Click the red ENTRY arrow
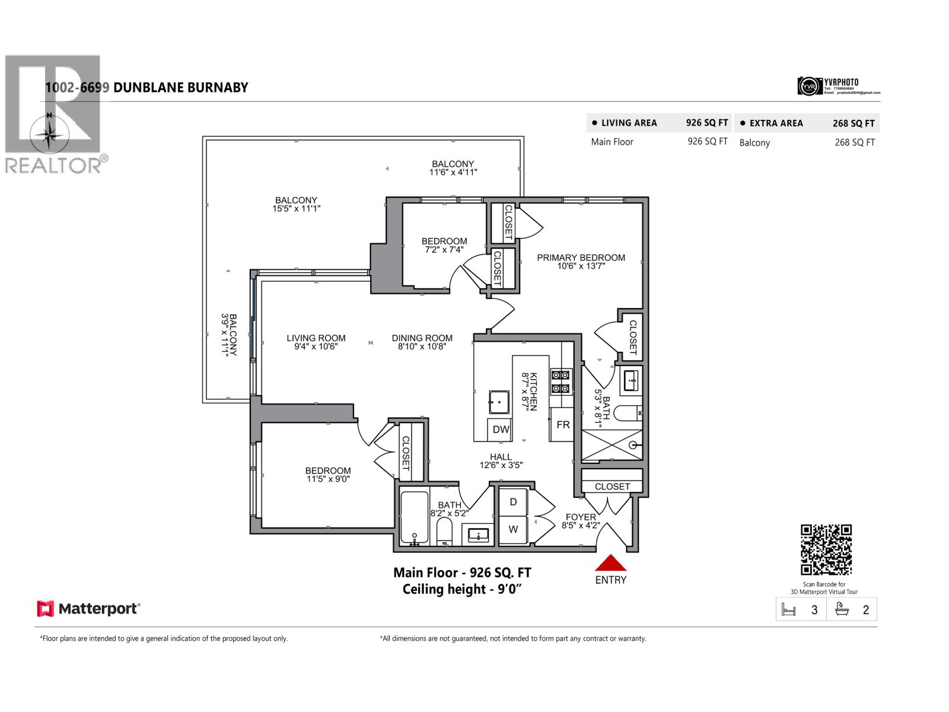[x=610, y=564]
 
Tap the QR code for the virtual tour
[x=826, y=550]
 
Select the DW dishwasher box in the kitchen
[x=501, y=430]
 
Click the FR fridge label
[x=563, y=425]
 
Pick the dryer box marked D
[x=513, y=502]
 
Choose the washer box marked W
[x=513, y=529]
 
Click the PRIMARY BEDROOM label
[x=581, y=258]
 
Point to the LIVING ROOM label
[x=316, y=338]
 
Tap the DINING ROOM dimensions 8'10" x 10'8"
[x=422, y=347]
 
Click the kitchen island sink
[x=499, y=402]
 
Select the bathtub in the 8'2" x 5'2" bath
[x=414, y=517]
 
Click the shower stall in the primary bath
[x=612, y=445]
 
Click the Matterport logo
[x=88, y=609]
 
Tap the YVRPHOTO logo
[x=838, y=86]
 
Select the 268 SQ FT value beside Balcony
[x=854, y=142]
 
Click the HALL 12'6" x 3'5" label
[x=501, y=461]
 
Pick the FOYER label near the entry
[x=580, y=517]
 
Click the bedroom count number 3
[x=814, y=610]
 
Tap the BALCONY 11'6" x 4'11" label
[x=453, y=168]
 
